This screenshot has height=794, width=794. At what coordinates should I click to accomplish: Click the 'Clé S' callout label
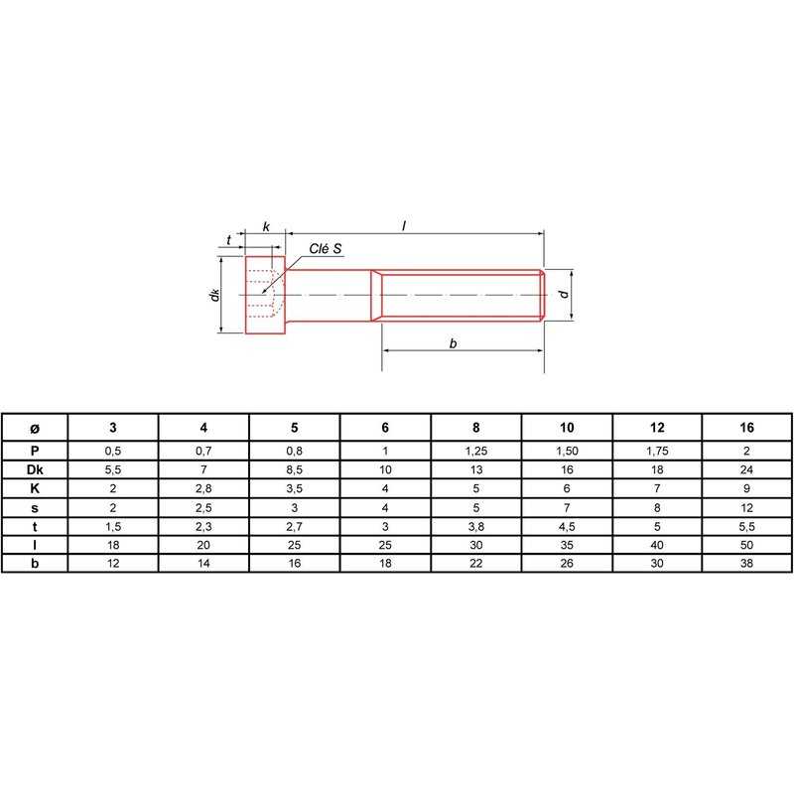click(326, 249)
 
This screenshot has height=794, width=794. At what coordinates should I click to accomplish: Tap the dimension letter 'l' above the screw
click(404, 226)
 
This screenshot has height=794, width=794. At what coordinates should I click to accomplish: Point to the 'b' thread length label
click(454, 343)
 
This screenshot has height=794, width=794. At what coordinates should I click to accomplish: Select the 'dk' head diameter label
click(214, 295)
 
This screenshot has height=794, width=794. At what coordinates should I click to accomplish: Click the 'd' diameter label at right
click(563, 294)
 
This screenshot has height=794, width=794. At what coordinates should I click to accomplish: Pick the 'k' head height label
click(266, 226)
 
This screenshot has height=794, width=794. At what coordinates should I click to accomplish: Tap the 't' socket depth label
click(229, 239)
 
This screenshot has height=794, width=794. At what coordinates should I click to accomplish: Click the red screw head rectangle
click(265, 295)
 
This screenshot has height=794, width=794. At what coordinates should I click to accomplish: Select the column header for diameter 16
click(747, 428)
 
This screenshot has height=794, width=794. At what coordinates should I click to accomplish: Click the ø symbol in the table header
click(35, 429)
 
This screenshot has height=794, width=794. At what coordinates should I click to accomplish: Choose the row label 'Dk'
click(35, 469)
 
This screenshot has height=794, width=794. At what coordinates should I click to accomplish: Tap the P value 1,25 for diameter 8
click(476, 451)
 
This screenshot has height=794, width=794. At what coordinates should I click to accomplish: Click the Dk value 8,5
click(294, 469)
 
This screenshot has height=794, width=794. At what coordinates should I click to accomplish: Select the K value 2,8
click(203, 488)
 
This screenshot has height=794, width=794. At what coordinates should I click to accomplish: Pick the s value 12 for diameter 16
click(747, 507)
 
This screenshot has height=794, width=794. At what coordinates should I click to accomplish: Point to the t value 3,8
click(476, 527)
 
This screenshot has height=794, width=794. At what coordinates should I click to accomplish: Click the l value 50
click(747, 545)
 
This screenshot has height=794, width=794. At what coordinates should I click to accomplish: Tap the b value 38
click(747, 563)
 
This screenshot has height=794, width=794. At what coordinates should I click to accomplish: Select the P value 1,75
click(657, 451)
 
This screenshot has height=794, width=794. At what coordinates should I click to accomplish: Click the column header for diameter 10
click(567, 428)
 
